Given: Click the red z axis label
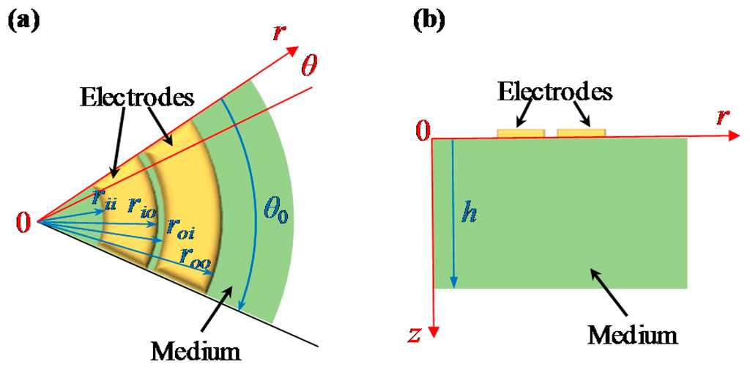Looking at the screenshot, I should tap(414, 335).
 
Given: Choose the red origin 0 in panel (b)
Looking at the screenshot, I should tap(421, 132).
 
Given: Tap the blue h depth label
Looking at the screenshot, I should tap(464, 212).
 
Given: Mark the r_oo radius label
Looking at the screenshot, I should tap(193, 256).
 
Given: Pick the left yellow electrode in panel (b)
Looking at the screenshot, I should tap(521, 133).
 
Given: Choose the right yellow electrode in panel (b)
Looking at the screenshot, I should tap(582, 133).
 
